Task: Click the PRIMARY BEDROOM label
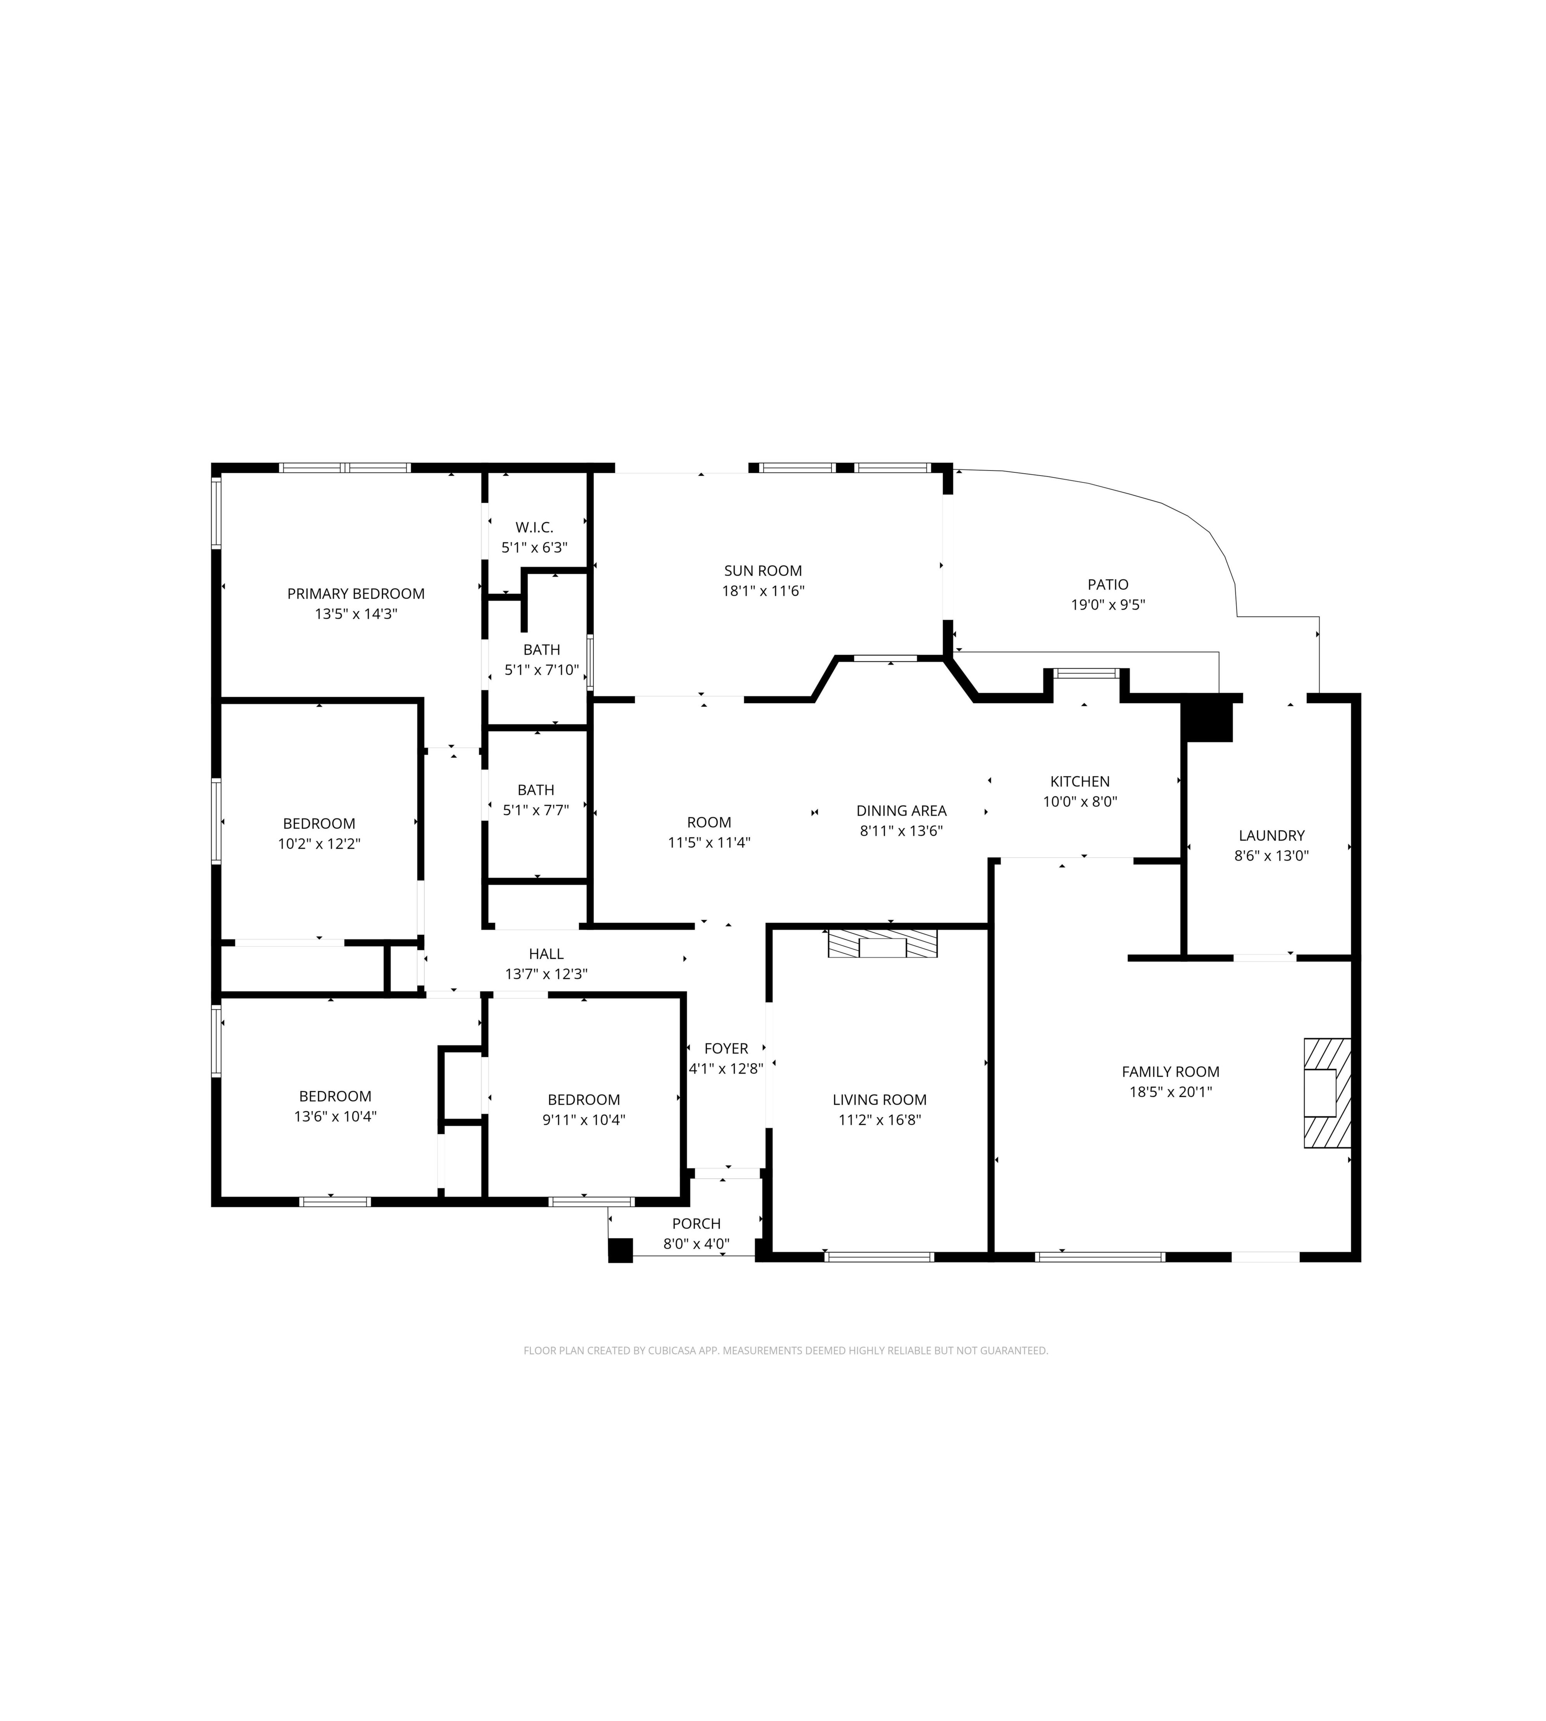pos(356,594)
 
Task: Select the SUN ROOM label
pos(763,571)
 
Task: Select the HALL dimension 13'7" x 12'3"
pos(546,974)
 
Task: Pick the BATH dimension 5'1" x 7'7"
pos(536,810)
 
